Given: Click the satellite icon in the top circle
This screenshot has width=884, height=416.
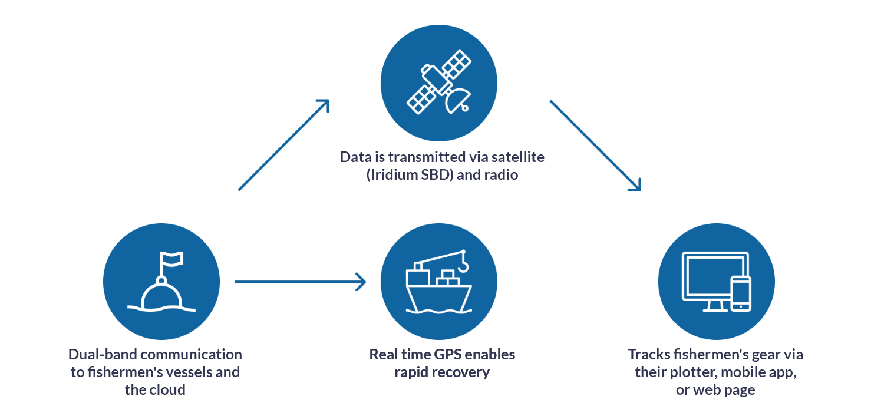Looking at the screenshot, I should click(x=438, y=82).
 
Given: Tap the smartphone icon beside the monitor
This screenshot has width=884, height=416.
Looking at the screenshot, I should click(x=741, y=293).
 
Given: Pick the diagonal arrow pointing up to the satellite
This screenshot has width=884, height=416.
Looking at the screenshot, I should click(x=283, y=145).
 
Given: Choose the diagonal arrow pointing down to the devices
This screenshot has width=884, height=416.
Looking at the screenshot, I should click(x=595, y=145).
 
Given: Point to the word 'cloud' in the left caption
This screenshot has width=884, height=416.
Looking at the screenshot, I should click(x=169, y=389).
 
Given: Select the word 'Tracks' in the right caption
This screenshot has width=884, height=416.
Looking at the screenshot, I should click(x=647, y=354).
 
